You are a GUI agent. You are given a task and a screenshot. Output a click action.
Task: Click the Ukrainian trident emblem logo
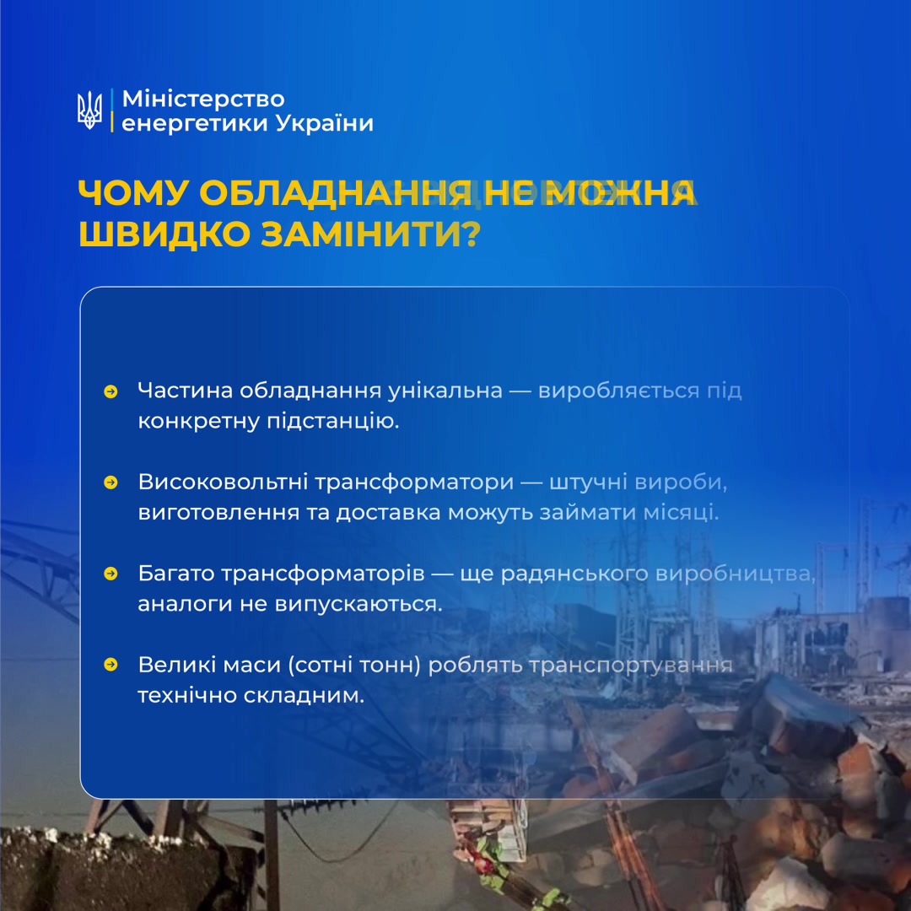[89, 110]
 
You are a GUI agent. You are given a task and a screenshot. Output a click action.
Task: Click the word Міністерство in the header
[203, 99]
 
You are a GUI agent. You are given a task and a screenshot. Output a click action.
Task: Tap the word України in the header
[324, 122]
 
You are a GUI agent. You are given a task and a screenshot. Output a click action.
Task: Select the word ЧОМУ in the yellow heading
[133, 193]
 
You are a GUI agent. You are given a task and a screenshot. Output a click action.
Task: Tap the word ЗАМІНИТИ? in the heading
[370, 234]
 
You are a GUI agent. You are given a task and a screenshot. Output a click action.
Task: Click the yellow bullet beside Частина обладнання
[111, 391]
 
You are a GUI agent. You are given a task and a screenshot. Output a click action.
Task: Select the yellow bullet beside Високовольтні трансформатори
[111, 482]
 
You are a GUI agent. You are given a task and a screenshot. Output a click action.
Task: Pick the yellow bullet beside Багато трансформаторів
[111, 574]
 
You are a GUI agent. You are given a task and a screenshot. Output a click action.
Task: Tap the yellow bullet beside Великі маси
[111, 664]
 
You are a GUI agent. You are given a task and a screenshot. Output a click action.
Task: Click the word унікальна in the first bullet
[445, 391]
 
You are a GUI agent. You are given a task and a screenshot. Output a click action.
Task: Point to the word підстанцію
[333, 421]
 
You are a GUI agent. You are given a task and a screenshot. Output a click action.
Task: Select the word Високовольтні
[223, 482]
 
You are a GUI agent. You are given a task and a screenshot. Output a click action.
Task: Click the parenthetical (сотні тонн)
[354, 665]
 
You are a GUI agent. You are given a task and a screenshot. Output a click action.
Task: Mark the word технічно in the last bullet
[186, 695]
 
